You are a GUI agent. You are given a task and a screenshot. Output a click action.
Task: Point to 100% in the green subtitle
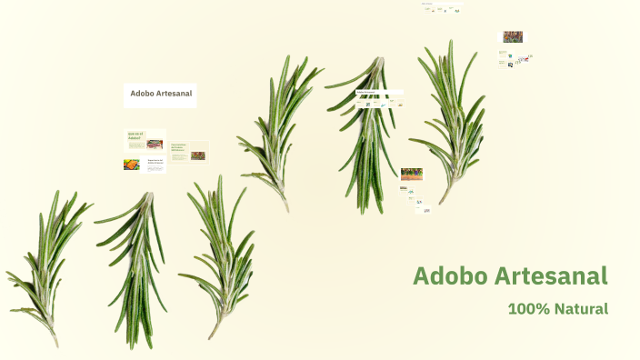coord(528,309)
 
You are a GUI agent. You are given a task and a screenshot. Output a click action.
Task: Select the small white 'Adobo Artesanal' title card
coord(160,95)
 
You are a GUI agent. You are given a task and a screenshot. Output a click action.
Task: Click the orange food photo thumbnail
coord(132,165)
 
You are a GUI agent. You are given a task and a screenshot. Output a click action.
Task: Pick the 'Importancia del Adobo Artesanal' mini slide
coord(155,165)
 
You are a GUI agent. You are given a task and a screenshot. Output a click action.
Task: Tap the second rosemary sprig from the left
coord(136,264)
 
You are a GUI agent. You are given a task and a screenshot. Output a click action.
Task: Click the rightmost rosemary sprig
coord(452,118)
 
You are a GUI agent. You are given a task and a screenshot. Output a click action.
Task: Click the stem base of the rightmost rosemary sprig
coord(443,201)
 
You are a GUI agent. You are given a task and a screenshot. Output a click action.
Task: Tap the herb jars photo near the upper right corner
coord(513,37)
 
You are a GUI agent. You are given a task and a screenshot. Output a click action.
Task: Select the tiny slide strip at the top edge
coord(442,9)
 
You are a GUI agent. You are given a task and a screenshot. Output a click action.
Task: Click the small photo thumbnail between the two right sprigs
coord(411,174)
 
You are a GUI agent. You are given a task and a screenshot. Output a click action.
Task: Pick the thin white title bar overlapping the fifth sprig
coord(379,92)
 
